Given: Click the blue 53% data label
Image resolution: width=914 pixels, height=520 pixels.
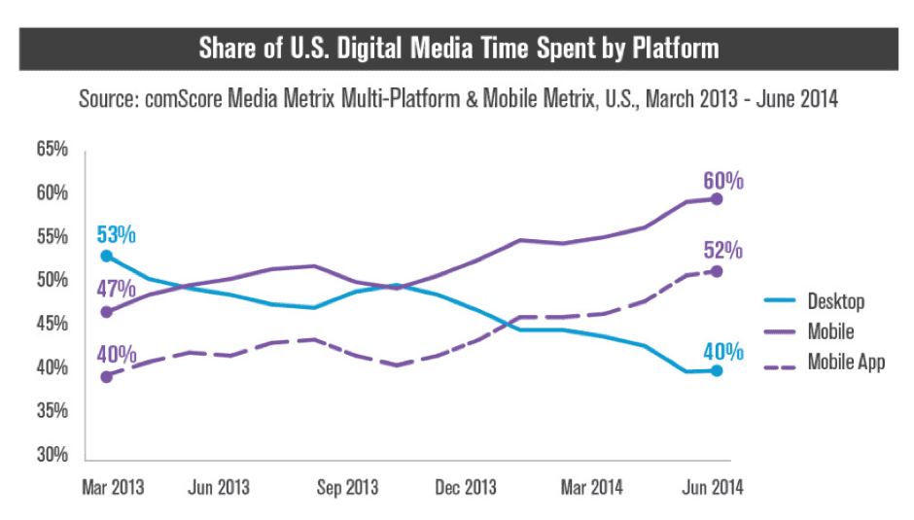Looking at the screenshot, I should point(116,234).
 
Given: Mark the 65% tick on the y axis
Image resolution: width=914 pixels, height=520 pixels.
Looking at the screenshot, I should point(53,150).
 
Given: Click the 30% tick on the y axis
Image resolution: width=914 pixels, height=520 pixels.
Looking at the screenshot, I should point(53,455).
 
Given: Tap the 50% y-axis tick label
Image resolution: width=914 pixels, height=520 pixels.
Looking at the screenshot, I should point(53,280).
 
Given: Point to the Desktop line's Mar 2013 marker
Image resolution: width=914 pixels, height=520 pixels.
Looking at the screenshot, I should point(106,257).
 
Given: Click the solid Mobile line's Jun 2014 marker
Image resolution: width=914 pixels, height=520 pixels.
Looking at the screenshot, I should point(717,198).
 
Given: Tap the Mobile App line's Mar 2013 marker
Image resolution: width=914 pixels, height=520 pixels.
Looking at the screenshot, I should point(106,376).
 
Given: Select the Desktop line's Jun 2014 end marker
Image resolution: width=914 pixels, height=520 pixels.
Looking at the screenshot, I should point(717,370).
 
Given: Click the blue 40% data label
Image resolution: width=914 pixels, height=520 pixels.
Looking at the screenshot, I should point(723,351).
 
